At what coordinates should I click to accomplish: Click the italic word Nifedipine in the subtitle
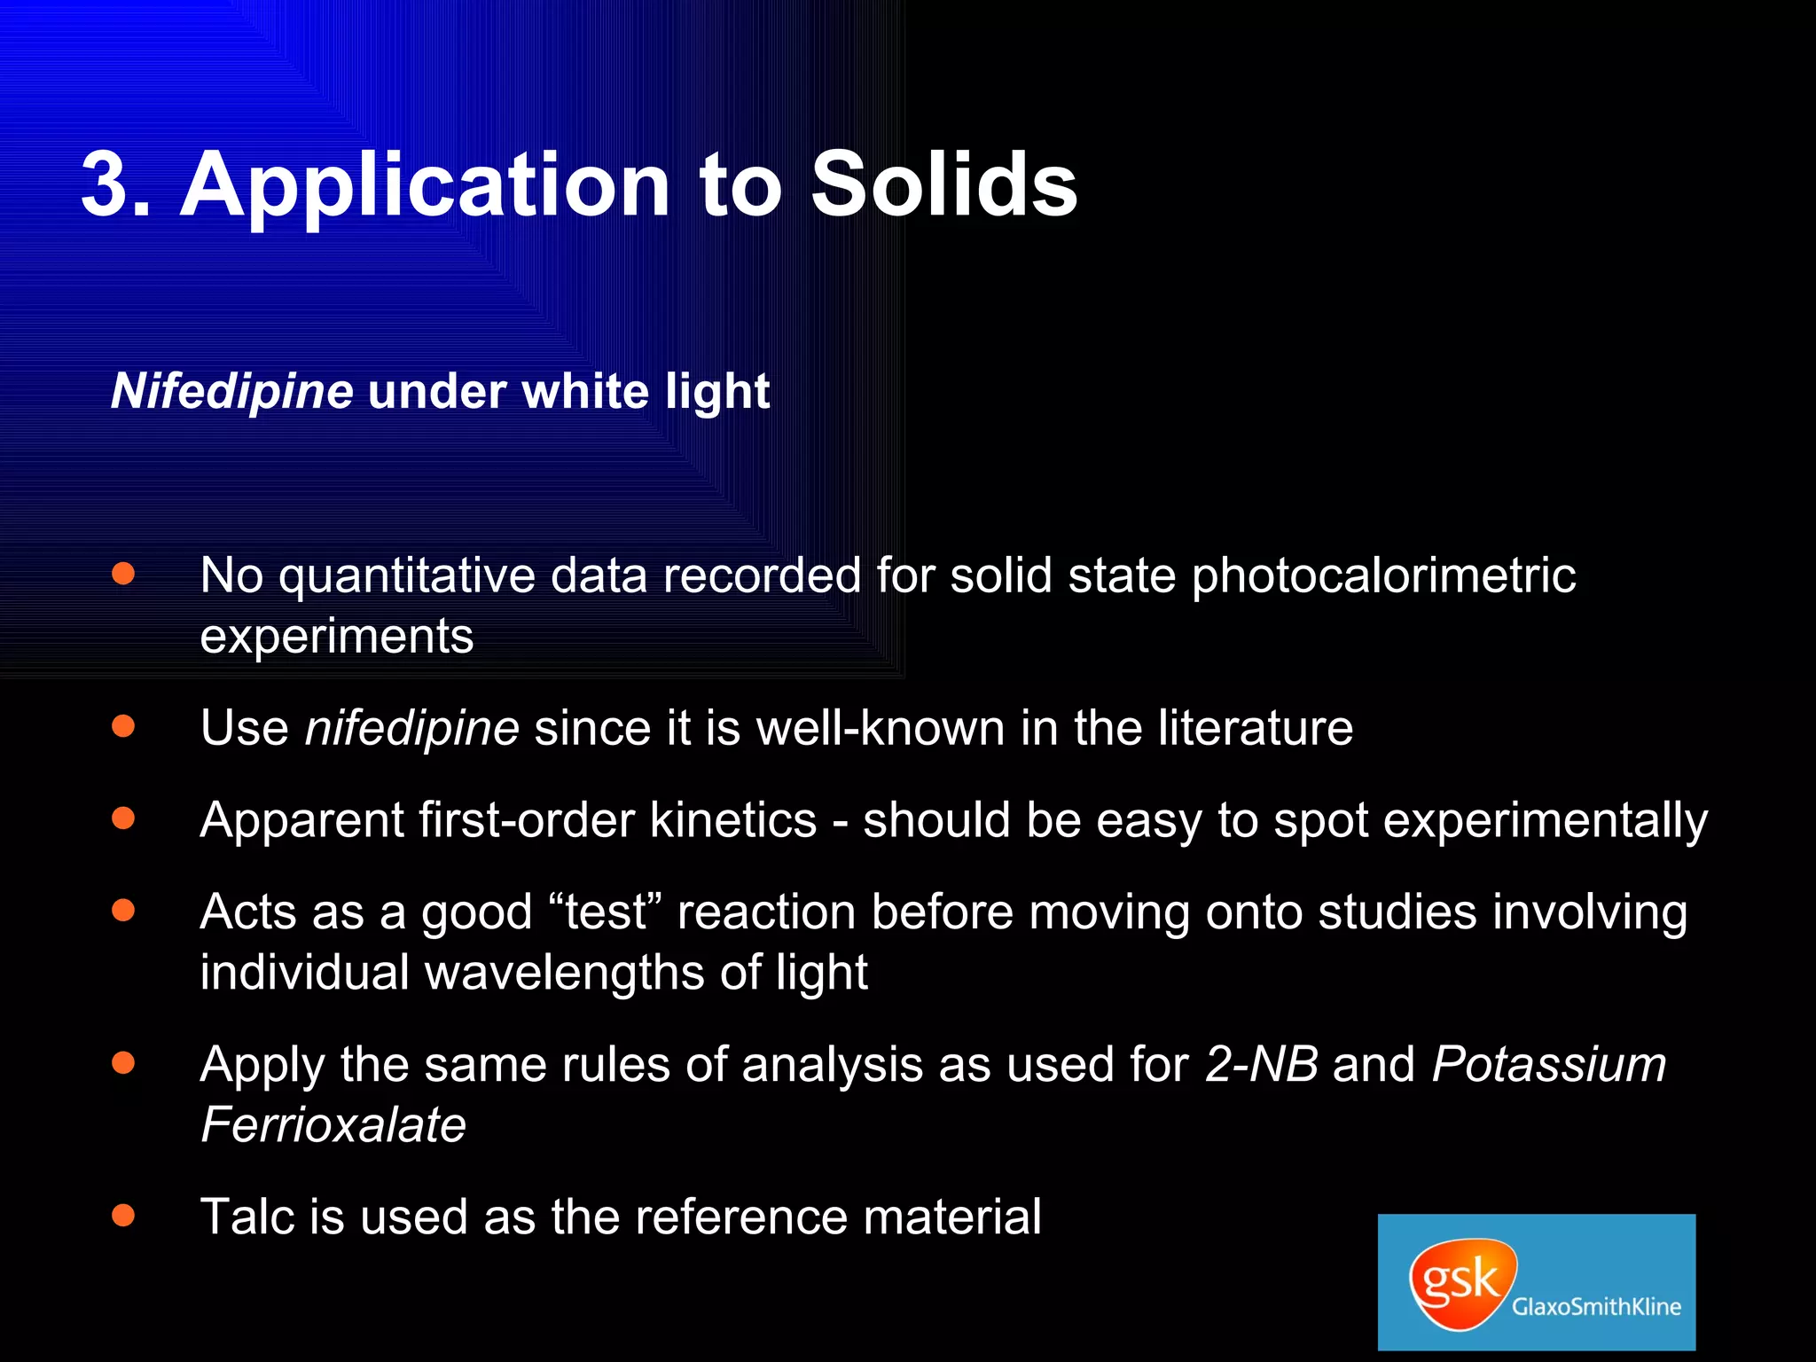(x=232, y=391)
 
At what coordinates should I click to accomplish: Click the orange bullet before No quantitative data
(x=123, y=574)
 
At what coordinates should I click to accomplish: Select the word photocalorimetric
(x=1383, y=576)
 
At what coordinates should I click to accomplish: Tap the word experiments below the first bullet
(x=337, y=637)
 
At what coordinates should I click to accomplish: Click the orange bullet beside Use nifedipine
(x=123, y=727)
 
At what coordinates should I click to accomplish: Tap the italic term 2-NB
(x=1261, y=1064)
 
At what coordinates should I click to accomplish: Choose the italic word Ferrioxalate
(x=333, y=1125)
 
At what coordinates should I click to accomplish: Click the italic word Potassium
(x=1548, y=1064)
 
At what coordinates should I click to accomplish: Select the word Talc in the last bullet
(x=247, y=1217)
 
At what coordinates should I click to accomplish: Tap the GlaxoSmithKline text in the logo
(x=1596, y=1307)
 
